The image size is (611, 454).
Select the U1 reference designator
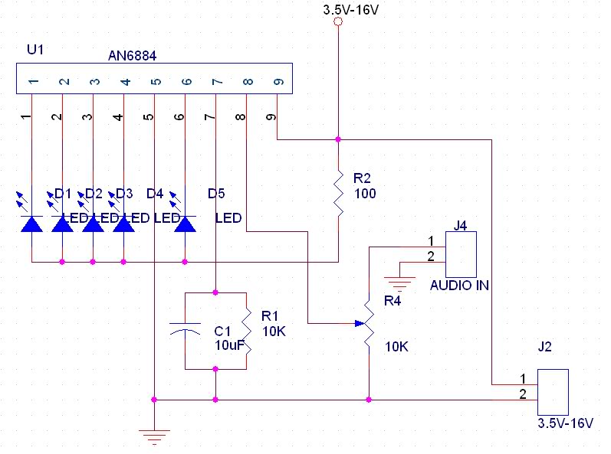coord(34,51)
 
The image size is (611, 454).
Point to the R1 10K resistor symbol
coord(246,330)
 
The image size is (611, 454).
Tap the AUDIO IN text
coord(460,286)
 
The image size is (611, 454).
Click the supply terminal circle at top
coord(337,24)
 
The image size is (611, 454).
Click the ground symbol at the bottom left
coord(155,437)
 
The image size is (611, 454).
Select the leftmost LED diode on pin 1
coord(31,223)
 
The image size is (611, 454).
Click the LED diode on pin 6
coord(185,223)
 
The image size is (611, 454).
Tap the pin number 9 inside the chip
coord(278,81)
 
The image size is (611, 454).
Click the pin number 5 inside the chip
coord(155,81)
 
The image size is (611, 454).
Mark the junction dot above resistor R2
coord(338,139)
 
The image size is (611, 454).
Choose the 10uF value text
coord(229,346)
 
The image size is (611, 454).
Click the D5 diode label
coord(217,192)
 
